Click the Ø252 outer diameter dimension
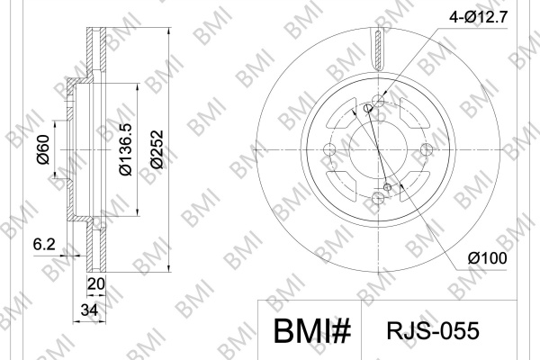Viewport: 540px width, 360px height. pyautogui.click(x=157, y=148)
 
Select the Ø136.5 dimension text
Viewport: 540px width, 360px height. pyautogui.click(x=125, y=148)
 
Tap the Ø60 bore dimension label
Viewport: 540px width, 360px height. pyautogui.click(x=43, y=149)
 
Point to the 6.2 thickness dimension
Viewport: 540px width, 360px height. pyautogui.click(x=44, y=244)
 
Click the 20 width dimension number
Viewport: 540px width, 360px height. pyautogui.click(x=95, y=283)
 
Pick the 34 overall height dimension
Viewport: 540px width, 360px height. pyautogui.click(x=89, y=310)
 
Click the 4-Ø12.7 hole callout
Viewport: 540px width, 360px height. pyautogui.click(x=479, y=16)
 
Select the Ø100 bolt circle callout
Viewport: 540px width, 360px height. pyautogui.click(x=487, y=258)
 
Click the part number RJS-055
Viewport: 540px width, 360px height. pyautogui.click(x=433, y=330)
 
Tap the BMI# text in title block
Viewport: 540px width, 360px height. pyautogui.click(x=312, y=330)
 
